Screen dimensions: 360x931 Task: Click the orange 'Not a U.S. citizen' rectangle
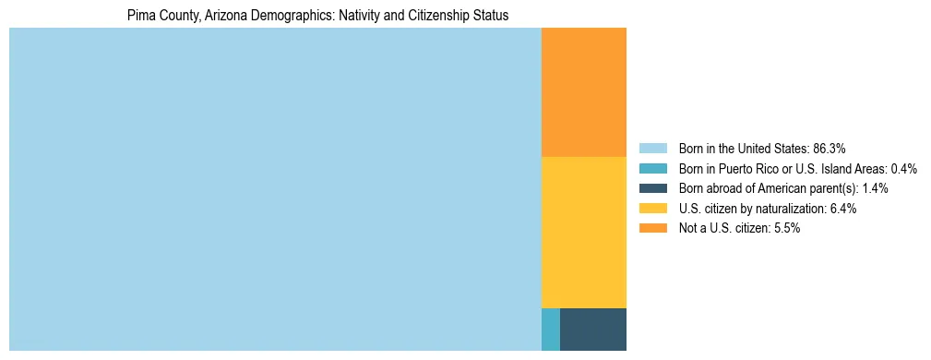pyautogui.click(x=583, y=92)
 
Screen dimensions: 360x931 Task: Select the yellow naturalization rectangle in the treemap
pyautogui.click(x=583, y=232)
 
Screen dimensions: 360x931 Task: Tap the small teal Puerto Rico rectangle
pyautogui.click(x=550, y=330)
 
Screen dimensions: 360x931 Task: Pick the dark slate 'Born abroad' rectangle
pyautogui.click(x=592, y=330)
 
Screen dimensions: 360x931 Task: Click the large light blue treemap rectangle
pyautogui.click(x=275, y=189)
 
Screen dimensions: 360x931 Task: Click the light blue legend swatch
pyautogui.click(x=652, y=148)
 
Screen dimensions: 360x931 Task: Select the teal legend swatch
pyautogui.click(x=652, y=168)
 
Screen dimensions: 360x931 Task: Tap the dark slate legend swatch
pyautogui.click(x=652, y=188)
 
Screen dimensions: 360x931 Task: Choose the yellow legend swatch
pyautogui.click(x=652, y=209)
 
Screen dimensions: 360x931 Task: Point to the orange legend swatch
pyautogui.click(x=652, y=228)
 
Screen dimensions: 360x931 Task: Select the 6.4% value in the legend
pyautogui.click(x=842, y=209)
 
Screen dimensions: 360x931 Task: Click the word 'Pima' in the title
pyautogui.click(x=139, y=16)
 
